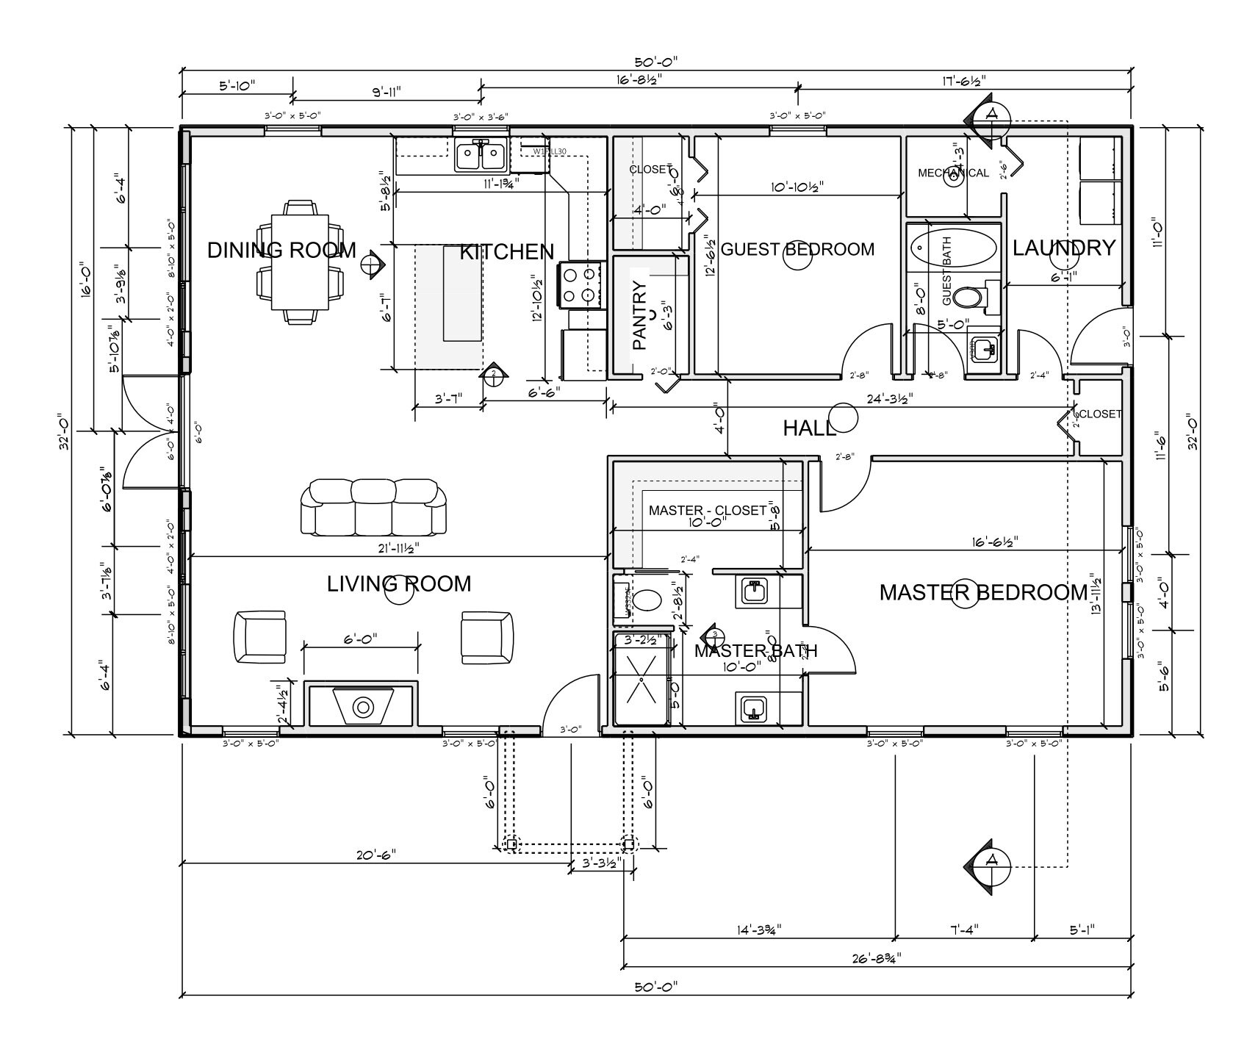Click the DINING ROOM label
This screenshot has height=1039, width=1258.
pos(281,250)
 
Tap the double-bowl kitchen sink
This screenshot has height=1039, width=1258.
pos(481,156)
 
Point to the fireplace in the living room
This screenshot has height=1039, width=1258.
pos(362,707)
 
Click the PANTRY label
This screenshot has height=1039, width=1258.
pos(639,316)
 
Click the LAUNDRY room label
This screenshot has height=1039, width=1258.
pos(1063,248)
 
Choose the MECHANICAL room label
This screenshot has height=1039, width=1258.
pos(953,173)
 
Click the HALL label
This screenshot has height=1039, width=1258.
pos(808,428)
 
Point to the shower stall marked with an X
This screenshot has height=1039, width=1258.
pos(641,679)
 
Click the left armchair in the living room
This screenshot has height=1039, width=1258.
pos(259,636)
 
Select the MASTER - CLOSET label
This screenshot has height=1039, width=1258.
pos(707,510)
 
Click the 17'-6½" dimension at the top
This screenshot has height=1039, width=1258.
pos(963,80)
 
